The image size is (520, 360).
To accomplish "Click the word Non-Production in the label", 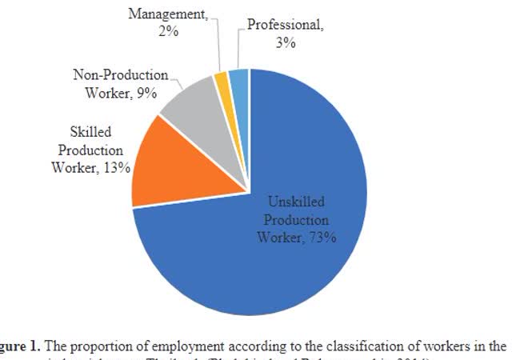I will coord(121,75).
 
